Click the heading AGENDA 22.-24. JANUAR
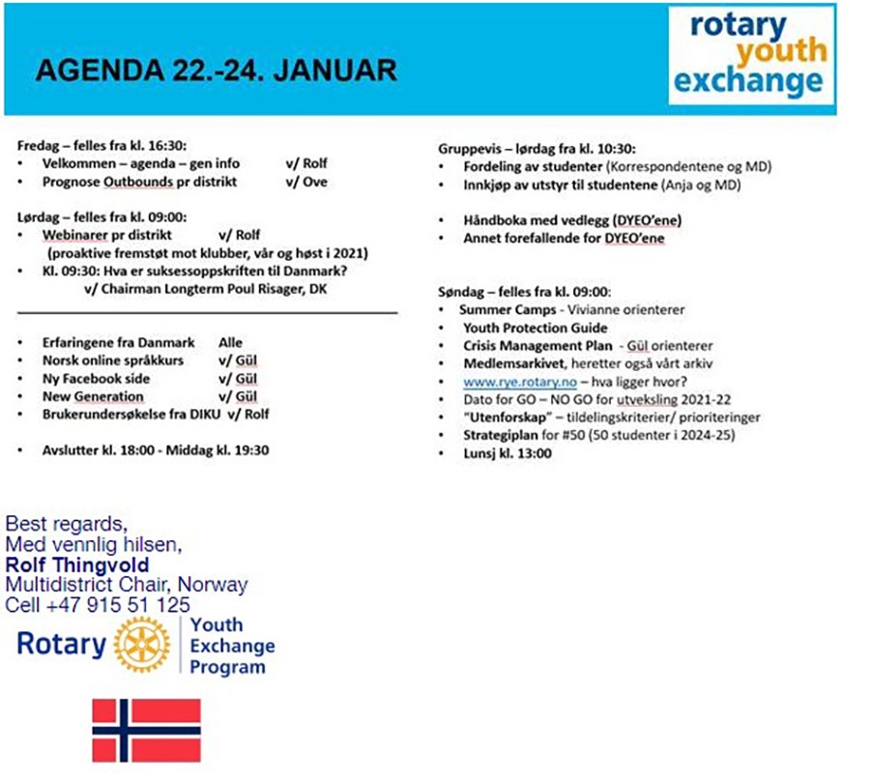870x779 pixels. point(217,71)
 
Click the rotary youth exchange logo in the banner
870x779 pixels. point(751,55)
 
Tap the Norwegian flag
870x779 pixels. point(147,730)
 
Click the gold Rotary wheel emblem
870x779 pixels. point(142,644)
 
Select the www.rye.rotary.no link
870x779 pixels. point(520,382)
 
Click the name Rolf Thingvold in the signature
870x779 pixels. point(77,564)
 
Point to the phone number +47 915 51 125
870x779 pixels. point(118,605)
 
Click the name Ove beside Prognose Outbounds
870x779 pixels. point(315,182)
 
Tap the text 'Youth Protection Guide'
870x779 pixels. point(536,328)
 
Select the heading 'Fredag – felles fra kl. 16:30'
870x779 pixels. point(101,146)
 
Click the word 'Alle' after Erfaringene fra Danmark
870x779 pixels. point(230,343)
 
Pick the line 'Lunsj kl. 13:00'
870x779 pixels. point(507,453)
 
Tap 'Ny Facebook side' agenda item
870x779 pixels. point(96,379)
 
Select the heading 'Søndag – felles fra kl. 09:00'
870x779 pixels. point(524,292)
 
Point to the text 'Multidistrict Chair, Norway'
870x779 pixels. point(127,585)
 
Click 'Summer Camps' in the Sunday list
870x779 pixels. point(507,309)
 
